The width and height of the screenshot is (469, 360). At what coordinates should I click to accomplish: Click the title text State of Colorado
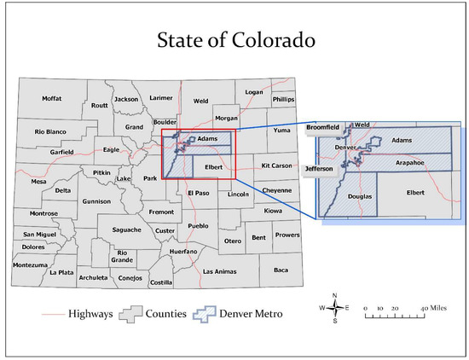(234, 39)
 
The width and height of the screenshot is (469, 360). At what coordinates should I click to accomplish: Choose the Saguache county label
(126, 229)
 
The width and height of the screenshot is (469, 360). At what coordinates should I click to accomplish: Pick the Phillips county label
(282, 99)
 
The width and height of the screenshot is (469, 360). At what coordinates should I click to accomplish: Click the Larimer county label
(160, 99)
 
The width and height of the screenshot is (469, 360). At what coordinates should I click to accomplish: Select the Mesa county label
(39, 181)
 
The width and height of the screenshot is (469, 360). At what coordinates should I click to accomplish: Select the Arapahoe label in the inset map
(410, 160)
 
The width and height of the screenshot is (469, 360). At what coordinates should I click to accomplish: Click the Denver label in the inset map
(345, 148)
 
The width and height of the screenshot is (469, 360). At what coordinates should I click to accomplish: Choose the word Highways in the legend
(90, 314)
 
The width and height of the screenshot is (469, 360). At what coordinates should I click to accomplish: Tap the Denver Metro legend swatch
(210, 314)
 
